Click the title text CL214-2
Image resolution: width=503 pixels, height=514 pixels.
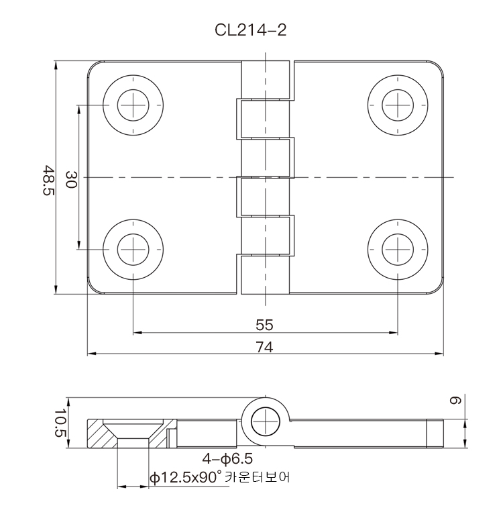pos(251,30)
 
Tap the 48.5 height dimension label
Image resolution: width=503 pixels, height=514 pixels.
pos(48,181)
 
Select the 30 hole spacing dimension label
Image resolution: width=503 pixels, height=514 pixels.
pos(71,179)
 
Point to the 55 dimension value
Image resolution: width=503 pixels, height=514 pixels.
pos(264,325)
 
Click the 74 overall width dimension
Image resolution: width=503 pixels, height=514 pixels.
pos(264,347)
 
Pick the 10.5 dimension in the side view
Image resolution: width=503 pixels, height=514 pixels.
pos(60,423)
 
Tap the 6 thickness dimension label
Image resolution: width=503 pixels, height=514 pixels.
pos(455,400)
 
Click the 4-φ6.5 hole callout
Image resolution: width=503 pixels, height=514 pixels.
pos(227,458)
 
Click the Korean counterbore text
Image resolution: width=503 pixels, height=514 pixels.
pos(258,477)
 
